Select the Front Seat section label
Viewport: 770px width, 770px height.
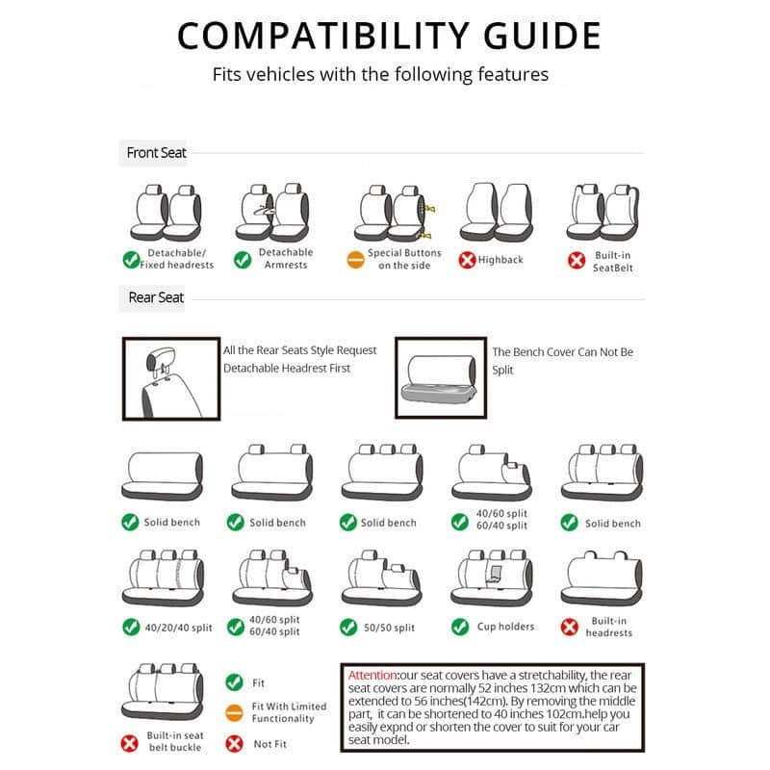pos(156,152)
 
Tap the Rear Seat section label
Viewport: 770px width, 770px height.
pos(156,297)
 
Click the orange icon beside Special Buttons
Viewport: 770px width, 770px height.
pos(355,260)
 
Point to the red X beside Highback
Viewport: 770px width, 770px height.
pos(468,260)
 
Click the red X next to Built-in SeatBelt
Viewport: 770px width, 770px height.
pos(577,260)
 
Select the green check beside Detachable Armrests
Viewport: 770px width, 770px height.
pos(243,260)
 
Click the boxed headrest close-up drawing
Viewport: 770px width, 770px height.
pos(168,377)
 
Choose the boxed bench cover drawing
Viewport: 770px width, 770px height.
pos(440,377)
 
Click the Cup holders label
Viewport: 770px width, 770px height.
pos(505,627)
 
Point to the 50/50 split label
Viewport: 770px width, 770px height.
pos(390,628)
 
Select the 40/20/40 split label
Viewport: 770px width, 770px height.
pos(178,628)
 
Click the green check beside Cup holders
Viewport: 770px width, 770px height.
pos(460,627)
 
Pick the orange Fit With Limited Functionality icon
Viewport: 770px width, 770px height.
pos(234,712)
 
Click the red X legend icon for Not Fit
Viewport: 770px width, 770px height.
pos(234,743)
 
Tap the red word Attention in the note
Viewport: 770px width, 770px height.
pos(372,676)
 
